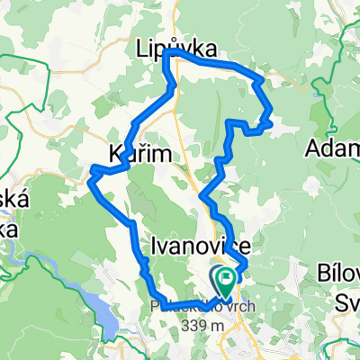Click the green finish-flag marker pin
222,277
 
